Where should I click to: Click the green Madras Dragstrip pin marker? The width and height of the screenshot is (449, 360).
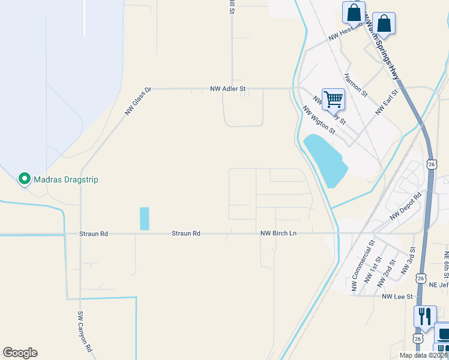point(24,178)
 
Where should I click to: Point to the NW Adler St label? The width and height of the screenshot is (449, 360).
point(228,89)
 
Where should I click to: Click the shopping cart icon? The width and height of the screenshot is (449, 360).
point(333,99)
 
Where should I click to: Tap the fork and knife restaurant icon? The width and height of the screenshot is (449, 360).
point(425,316)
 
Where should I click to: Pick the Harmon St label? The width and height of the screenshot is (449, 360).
point(355,85)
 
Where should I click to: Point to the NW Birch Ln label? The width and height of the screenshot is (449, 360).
point(279,233)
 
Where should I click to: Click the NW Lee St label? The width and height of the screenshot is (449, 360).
point(397,296)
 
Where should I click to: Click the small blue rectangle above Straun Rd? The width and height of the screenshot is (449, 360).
point(144,218)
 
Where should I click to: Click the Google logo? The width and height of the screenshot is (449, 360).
point(20,353)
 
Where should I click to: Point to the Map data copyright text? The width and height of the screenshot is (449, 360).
point(423,355)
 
